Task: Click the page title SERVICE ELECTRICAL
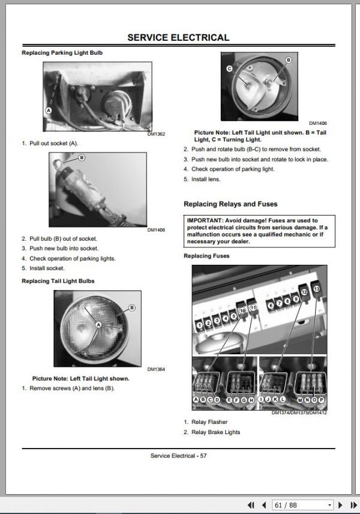tap(178, 37)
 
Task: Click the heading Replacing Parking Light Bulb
tap(62, 53)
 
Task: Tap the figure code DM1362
tap(156, 134)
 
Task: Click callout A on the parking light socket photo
tap(49, 110)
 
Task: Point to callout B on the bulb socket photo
tap(82, 158)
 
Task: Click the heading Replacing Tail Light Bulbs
tap(58, 281)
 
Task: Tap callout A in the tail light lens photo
tap(98, 324)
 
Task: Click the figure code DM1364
tap(156, 369)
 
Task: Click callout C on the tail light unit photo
tap(230, 68)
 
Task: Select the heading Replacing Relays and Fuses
tap(230, 204)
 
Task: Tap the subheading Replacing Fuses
tap(206, 256)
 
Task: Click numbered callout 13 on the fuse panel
tap(317, 289)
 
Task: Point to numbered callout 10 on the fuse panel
tap(242, 311)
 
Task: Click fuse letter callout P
tap(321, 400)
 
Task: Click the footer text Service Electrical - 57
tap(179, 456)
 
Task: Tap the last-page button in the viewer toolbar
tap(354, 505)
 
